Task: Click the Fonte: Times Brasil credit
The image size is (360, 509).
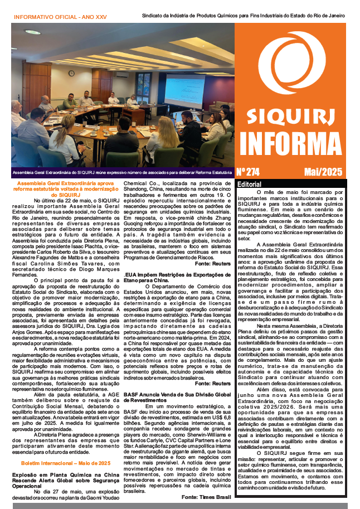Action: (x=206, y=496)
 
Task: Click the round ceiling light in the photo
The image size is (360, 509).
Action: (x=32, y=32)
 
